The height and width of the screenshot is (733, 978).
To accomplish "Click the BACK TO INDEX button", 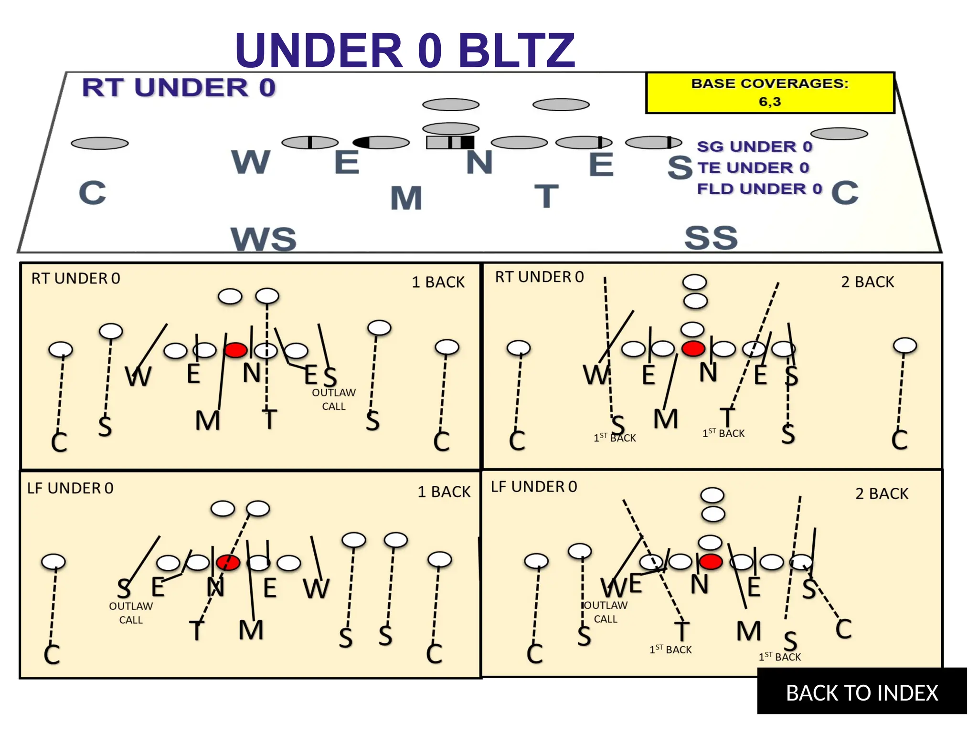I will click(861, 692).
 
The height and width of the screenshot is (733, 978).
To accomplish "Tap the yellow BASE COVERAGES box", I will click(770, 93).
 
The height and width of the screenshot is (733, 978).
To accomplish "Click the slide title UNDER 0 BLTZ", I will click(405, 50).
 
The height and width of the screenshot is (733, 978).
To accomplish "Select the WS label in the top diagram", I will click(264, 239).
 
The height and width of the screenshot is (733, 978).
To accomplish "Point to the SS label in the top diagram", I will click(711, 238).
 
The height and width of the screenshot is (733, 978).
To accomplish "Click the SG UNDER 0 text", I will click(755, 147).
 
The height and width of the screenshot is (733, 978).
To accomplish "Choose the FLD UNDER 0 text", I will click(759, 189).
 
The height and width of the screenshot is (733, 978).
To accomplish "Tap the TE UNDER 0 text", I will click(754, 168).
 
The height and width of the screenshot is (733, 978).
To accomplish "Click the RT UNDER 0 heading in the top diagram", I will click(179, 87).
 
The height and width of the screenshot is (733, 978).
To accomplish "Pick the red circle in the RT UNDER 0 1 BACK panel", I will click(235, 350).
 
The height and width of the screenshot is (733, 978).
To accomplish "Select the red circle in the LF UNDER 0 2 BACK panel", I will click(711, 562).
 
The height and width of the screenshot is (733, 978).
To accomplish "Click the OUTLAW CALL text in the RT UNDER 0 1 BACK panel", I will click(334, 399).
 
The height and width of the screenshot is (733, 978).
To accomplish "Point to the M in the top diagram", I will click(406, 198).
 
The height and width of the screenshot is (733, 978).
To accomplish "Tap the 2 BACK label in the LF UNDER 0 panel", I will click(882, 493).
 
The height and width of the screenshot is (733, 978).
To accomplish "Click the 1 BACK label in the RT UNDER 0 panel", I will click(438, 282).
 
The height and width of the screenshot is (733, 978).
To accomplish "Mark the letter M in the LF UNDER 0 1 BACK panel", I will click(251, 630).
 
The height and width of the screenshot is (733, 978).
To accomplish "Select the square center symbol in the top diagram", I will click(450, 142).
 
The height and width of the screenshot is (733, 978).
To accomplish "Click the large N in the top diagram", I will click(479, 162).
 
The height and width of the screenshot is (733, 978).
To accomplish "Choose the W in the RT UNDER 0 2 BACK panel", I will click(596, 375).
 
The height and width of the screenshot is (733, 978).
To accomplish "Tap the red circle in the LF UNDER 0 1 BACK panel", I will click(228, 563).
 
